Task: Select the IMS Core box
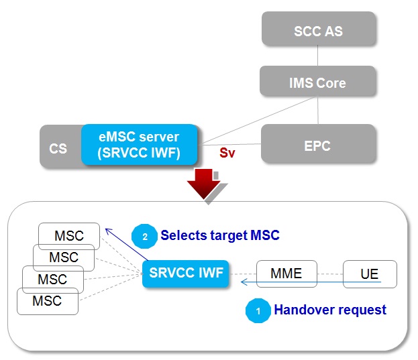pyautogui.click(x=317, y=83)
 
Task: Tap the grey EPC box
pyautogui.click(x=317, y=145)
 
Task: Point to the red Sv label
pyautogui.click(x=227, y=154)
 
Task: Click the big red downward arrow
pyautogui.click(x=202, y=184)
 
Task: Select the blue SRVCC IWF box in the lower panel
pyautogui.click(x=183, y=273)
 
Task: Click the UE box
pyautogui.click(x=370, y=274)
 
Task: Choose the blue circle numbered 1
pyautogui.click(x=257, y=310)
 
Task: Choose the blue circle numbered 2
pyautogui.click(x=144, y=236)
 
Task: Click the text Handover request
pyautogui.click(x=329, y=310)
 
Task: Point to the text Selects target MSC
pyautogui.click(x=219, y=236)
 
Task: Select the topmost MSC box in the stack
pyautogui.click(x=69, y=235)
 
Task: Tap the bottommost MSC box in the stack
pyautogui.click(x=47, y=301)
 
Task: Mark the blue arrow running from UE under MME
pyautogui.click(x=309, y=284)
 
